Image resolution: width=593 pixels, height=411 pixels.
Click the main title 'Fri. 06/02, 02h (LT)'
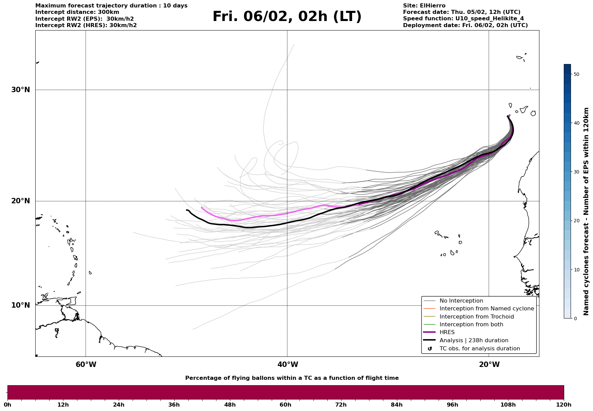287,17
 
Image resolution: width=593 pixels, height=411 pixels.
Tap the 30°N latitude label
21,90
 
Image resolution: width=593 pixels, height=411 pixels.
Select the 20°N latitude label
21,201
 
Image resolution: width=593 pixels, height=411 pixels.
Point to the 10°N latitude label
21,305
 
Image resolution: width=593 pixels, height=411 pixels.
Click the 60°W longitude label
86,365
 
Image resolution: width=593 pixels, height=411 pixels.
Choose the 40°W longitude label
288,365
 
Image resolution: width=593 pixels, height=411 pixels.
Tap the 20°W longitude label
489,365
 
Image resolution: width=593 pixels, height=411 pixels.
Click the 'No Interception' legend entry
461,301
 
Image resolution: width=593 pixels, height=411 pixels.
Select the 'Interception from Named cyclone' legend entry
486,309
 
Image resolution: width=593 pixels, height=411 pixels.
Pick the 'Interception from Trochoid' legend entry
476,317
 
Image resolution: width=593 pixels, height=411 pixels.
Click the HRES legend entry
447,332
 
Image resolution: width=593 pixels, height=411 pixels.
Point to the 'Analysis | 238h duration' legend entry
474,341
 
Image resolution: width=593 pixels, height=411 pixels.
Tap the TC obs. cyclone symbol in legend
430,349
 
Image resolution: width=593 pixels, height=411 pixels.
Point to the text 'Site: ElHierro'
424,6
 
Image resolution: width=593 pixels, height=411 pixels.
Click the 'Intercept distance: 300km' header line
77,12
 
